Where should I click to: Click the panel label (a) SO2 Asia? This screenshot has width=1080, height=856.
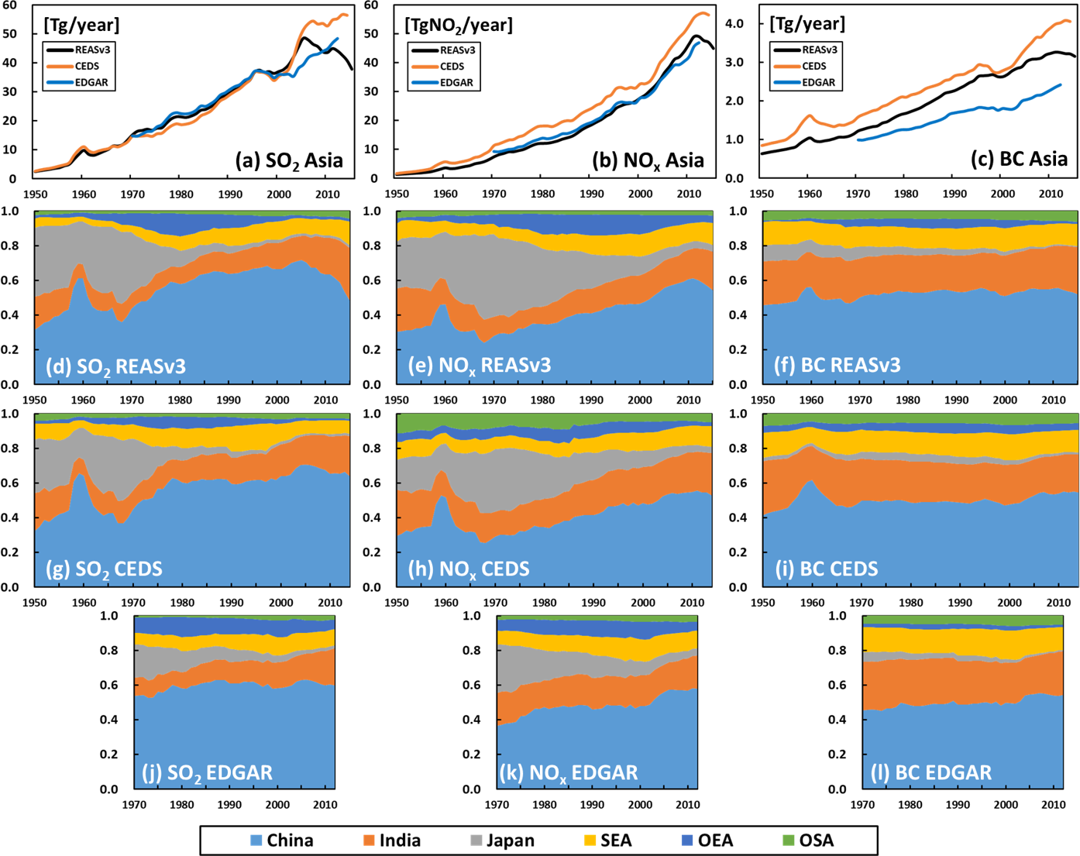289,161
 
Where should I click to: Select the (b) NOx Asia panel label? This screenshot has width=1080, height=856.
648,161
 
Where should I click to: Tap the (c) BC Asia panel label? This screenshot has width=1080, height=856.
1019,160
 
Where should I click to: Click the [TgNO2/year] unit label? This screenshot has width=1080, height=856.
459,26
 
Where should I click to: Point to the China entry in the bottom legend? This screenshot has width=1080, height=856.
281,841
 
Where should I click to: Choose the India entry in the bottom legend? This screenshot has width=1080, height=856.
392,841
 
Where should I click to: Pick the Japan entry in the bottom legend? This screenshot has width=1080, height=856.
502,841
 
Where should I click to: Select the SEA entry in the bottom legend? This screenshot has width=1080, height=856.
607,841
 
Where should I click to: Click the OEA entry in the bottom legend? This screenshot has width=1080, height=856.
707,841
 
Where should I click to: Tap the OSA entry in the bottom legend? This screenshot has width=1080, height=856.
808,841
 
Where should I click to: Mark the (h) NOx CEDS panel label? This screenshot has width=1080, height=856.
469,569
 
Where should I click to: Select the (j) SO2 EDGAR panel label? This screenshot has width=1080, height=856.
207,772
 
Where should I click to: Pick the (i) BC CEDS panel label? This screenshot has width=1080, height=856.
827,569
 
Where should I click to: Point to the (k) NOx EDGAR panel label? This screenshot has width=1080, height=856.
569,772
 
